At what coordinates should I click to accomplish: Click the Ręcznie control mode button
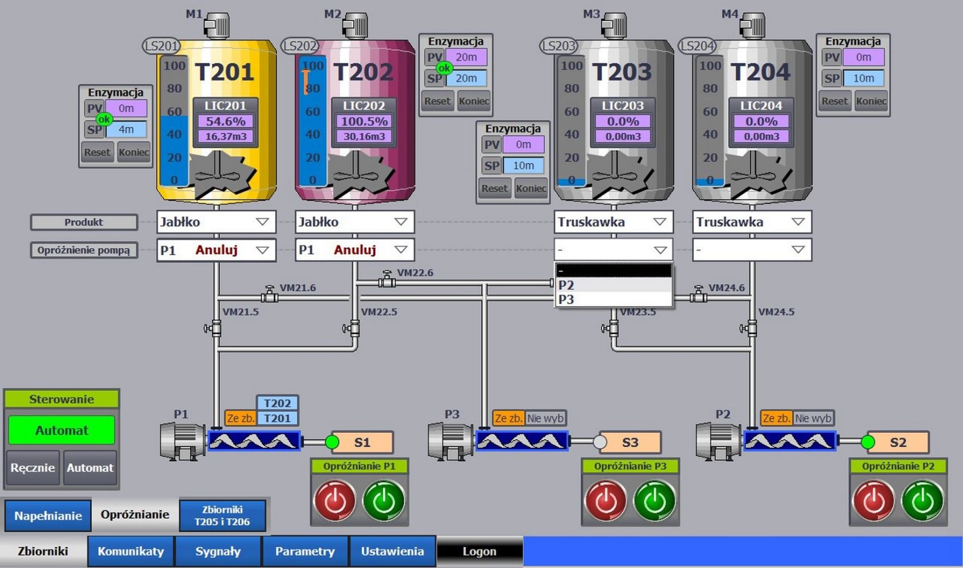point(32,467)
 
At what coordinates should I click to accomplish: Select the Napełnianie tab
point(48,516)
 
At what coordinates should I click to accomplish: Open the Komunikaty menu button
point(131,551)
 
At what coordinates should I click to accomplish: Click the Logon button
point(479,551)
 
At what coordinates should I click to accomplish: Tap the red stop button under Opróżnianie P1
point(335,500)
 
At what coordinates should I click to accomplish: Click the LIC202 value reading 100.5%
point(364,121)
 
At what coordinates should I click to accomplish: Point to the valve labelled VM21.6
point(269,295)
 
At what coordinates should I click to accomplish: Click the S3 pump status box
point(630,442)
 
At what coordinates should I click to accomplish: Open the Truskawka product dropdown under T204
point(752,222)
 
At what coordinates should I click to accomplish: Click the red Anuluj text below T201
point(216,250)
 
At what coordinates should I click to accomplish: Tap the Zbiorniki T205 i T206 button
point(222,515)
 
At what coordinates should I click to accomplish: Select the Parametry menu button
point(305,551)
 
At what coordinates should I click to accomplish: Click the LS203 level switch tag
point(558,45)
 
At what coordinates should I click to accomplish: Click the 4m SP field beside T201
point(126,130)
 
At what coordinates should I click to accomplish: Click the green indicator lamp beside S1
point(332,442)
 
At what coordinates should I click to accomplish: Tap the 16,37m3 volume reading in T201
point(226,136)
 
